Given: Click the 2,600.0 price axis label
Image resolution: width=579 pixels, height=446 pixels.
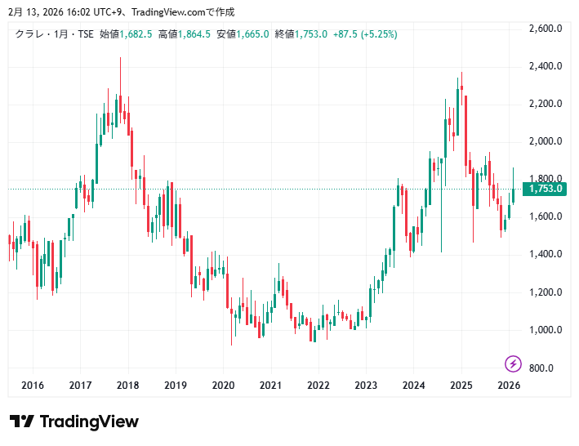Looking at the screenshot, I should [x=546, y=29].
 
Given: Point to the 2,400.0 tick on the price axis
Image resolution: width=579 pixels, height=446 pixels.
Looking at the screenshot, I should [x=546, y=66].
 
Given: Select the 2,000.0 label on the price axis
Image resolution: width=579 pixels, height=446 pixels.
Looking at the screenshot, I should [x=546, y=141].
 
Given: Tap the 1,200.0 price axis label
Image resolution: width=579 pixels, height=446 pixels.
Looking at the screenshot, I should [x=546, y=292].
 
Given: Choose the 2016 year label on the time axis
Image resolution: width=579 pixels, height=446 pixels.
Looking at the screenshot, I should [x=33, y=386].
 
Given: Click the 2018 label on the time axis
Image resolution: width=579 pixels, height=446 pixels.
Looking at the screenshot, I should [x=127, y=386].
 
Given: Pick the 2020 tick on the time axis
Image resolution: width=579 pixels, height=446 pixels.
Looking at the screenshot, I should [x=223, y=386].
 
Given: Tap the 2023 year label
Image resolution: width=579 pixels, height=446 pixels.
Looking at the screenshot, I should [x=366, y=386].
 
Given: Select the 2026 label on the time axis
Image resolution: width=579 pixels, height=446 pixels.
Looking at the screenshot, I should [x=509, y=386].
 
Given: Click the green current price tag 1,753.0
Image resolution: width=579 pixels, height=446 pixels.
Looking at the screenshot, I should [x=546, y=190].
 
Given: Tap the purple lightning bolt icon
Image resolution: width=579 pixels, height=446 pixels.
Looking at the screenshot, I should [x=513, y=363].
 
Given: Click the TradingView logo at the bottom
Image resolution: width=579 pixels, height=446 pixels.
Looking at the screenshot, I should [x=74, y=421].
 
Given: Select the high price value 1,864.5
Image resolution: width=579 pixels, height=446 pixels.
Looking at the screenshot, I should [x=194, y=33].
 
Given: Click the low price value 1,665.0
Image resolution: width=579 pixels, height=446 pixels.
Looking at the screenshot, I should [x=253, y=33].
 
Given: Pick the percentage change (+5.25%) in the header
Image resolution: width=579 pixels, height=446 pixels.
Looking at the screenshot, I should [x=379, y=33].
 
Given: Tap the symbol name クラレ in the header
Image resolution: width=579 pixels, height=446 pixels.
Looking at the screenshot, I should [x=30, y=33].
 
